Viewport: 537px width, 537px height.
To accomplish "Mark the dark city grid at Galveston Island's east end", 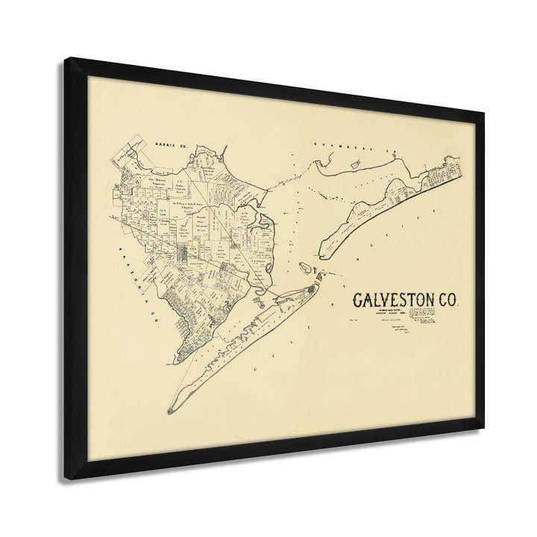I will pyautogui.click(x=311, y=287).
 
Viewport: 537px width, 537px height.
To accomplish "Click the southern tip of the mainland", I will pyautogui.click(x=178, y=359).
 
